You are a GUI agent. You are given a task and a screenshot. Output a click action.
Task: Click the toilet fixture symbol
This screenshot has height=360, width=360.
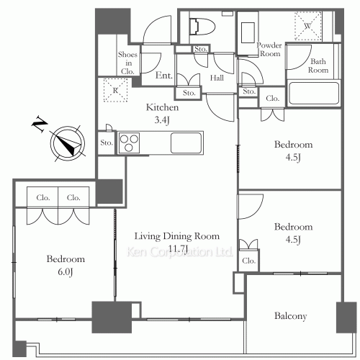pos(202,27)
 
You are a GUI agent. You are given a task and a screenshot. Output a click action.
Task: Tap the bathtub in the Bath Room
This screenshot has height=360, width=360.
pos(314,94)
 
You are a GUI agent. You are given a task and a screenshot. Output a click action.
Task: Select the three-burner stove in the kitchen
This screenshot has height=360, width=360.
pos(129,143)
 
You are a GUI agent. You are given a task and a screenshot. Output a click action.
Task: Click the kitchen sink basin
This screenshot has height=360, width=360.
pos(186,143)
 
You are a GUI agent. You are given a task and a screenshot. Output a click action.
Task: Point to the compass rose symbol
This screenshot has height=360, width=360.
pos(68,143)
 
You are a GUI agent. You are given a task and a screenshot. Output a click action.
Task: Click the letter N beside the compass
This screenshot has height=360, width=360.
pos(40,124)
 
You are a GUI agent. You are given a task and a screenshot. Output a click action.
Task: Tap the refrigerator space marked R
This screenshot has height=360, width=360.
pos(115,90)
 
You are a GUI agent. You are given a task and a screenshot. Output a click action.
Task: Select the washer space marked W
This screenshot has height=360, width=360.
pos(308,26)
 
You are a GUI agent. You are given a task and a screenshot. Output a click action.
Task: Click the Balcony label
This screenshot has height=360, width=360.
pos(291,316)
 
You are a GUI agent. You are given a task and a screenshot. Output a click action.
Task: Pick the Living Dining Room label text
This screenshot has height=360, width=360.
pos(177,236)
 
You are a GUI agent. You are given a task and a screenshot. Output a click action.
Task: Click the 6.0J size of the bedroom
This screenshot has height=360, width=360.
pos(66,271)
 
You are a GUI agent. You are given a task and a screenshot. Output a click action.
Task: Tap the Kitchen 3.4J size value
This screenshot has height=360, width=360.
pos(162,120)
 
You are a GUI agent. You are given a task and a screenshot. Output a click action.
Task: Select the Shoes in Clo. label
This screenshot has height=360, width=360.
pos(127,63)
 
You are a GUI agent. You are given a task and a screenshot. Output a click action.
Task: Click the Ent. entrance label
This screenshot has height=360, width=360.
pos(164,76)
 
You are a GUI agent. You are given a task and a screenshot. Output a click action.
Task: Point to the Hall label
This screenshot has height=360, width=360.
pos(217,78)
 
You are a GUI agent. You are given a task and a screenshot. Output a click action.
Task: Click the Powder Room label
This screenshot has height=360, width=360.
pos(269,49)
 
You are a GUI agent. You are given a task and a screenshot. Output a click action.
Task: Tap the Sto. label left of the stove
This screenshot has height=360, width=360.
pos(107,143)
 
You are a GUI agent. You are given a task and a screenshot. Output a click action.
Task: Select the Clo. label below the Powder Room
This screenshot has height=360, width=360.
pos(273,98)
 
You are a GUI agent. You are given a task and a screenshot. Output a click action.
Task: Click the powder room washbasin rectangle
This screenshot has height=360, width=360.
pos(248,32)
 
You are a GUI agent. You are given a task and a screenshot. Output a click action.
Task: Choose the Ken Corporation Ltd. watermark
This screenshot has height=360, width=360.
pos(179,252)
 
